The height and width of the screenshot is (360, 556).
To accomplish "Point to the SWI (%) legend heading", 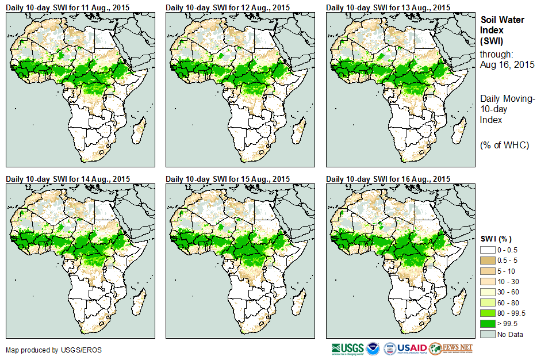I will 496,239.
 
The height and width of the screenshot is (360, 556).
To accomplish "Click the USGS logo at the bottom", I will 347,348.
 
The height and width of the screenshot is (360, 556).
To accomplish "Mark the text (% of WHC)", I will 504,144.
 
